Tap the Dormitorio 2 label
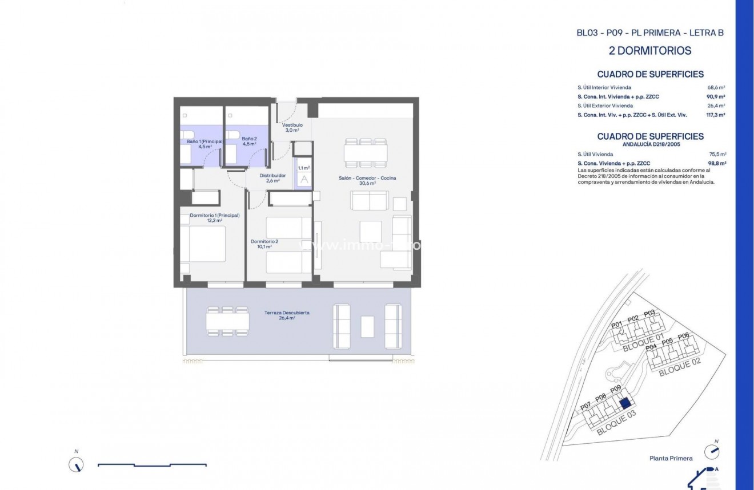(x=264, y=241)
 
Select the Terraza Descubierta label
(x=279, y=313)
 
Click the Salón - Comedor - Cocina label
(x=367, y=178)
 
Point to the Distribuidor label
(x=272, y=175)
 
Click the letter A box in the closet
(x=304, y=179)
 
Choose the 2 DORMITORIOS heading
(x=650, y=51)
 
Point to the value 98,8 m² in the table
(x=717, y=163)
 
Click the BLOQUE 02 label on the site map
(x=679, y=367)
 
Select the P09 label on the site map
(x=615, y=390)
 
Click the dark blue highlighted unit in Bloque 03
(x=624, y=403)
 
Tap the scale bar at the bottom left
(x=152, y=465)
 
